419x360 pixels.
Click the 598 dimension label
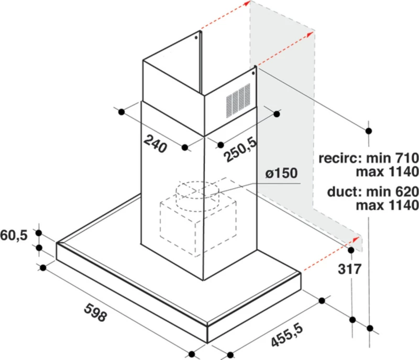coord(95,312)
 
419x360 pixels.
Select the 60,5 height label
coord(14,235)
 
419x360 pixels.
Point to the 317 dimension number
coord(349,269)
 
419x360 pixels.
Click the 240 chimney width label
coord(155,144)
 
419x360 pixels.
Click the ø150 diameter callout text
coord(281,173)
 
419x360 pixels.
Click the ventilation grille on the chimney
coord(238,100)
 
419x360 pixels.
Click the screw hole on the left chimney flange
coord(196,37)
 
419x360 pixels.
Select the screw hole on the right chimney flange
coord(253,73)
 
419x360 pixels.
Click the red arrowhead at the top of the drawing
coord(247,3)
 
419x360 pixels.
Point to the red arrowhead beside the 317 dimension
coord(356,239)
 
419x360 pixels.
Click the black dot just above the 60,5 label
coord(39,233)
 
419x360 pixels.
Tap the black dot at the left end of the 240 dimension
coord(122,112)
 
